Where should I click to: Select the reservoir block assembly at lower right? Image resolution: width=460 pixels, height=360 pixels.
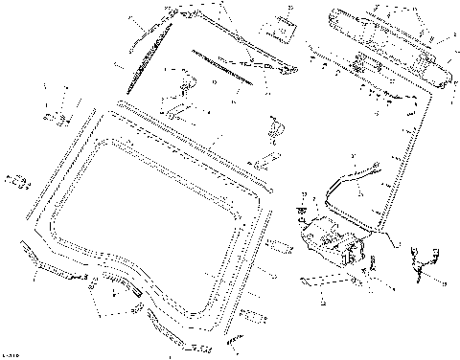(x=331, y=239)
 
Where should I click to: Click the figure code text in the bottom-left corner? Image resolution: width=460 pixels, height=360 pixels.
(x=13, y=353)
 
